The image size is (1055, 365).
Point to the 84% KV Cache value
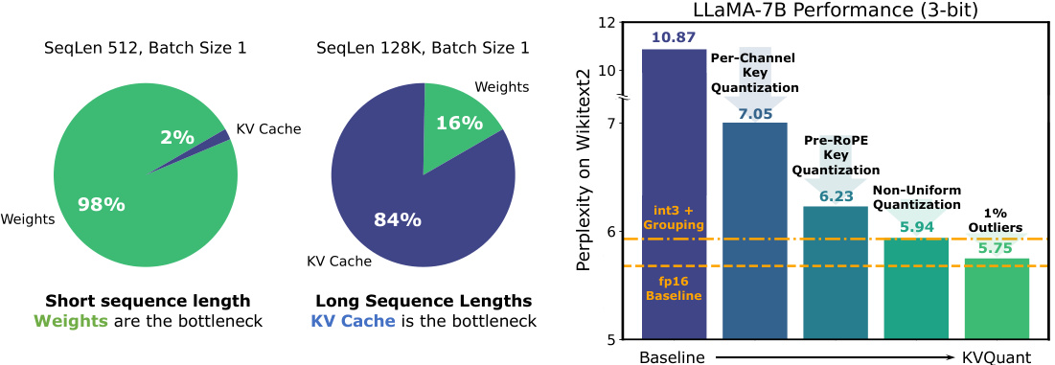click(x=397, y=219)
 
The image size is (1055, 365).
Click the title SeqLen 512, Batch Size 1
click(x=146, y=47)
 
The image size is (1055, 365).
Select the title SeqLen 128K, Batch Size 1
click(x=424, y=47)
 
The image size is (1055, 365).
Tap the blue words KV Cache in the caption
click(x=353, y=321)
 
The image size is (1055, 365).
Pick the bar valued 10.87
click(x=674, y=192)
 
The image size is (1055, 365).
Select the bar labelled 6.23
click(x=836, y=273)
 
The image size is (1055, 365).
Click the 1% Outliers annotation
click(x=997, y=220)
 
